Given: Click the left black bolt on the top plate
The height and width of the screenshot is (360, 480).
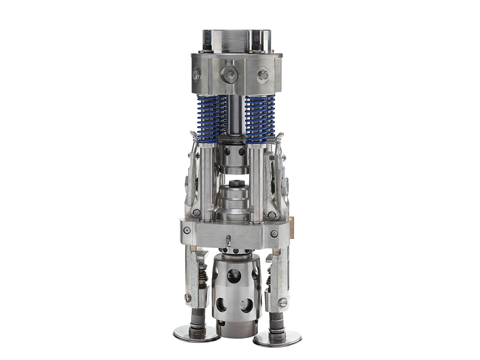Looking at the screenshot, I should (x=206, y=48).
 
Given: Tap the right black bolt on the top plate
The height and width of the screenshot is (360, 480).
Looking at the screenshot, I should (x=256, y=48).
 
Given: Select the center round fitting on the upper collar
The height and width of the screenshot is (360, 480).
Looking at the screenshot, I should (x=229, y=74).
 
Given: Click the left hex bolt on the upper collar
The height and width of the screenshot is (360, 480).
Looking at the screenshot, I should (x=197, y=74).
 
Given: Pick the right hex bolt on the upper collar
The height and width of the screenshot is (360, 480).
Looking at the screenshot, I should (x=262, y=75).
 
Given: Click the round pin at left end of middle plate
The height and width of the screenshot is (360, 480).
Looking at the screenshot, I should (x=186, y=230).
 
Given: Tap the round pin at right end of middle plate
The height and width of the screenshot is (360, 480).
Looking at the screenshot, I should (x=274, y=233).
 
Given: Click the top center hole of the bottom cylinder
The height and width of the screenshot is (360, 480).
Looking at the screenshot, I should (x=234, y=275).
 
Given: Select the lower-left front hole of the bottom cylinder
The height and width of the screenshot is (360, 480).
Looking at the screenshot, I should (x=222, y=304).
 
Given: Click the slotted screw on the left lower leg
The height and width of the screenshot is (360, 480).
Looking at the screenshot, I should (x=188, y=297).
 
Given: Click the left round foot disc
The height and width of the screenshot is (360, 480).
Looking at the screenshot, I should (x=195, y=333).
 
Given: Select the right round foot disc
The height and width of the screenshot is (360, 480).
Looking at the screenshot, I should (x=277, y=338).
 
